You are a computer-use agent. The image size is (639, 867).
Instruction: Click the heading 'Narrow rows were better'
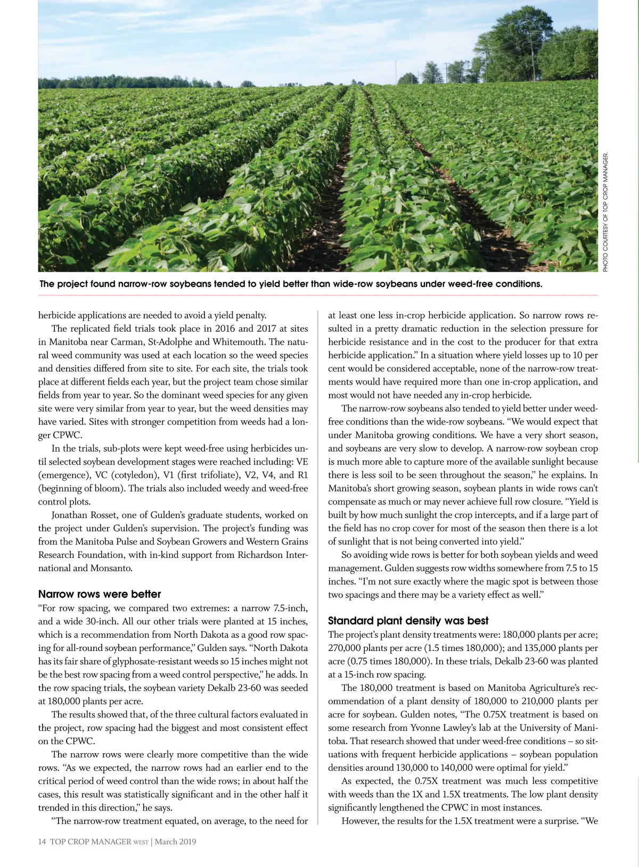tap(99, 594)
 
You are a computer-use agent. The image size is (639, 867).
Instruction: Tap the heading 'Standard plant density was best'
tap(408, 621)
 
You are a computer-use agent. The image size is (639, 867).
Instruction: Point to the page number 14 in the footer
tap(42, 841)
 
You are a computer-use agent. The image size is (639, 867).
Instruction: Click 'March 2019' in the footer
tap(176, 841)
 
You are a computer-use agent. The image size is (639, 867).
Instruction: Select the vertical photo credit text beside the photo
tap(605, 213)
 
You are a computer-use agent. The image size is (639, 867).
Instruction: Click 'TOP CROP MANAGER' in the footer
tap(91, 841)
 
